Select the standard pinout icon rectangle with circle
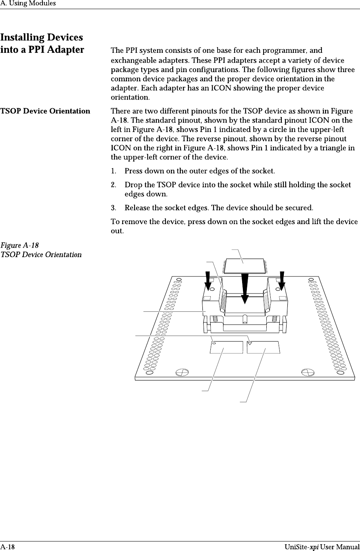pos(226,347)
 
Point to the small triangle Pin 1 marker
pos(250,343)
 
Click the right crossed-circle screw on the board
pos(308,372)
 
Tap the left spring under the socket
pos(214,318)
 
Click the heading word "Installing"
pos(22,38)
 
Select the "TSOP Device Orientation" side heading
pos(45,111)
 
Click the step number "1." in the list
pos(114,171)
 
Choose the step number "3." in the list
pos(114,208)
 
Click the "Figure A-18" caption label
pos(19,246)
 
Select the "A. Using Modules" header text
pos(28,4)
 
